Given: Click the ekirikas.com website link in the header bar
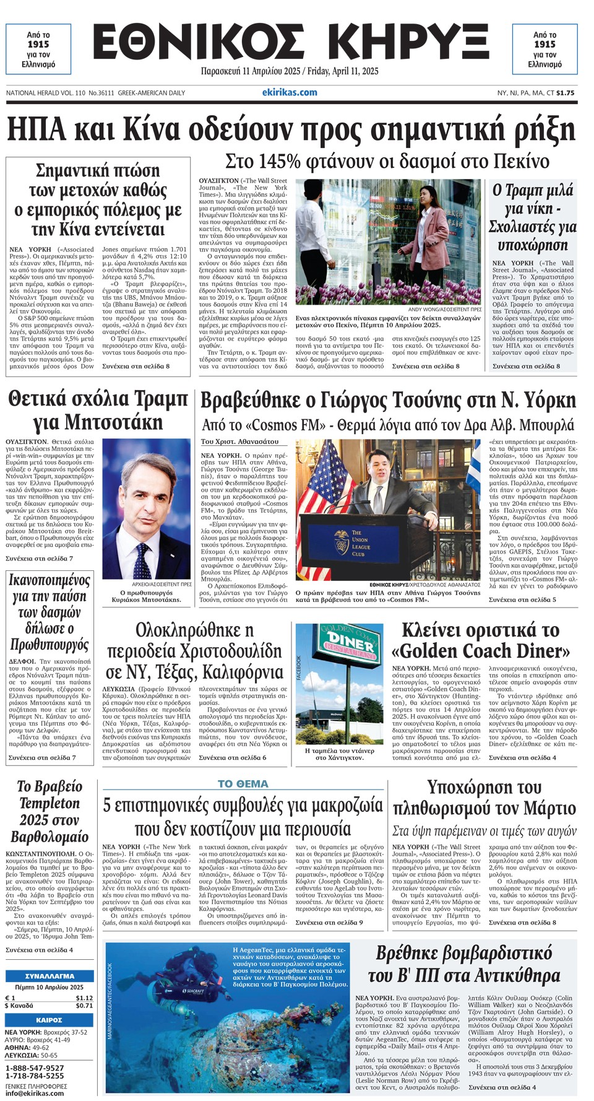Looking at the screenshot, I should pyautogui.click(x=290, y=92).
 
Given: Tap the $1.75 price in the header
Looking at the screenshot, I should pyautogui.click(x=565, y=93).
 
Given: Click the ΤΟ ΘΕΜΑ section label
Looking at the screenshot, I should pyautogui.click(x=243, y=784).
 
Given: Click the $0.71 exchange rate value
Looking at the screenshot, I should pyautogui.click(x=84, y=1005).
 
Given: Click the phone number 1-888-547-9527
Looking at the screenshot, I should pyautogui.click(x=35, y=1068).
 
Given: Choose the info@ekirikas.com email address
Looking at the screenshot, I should pyautogui.click(x=35, y=1093).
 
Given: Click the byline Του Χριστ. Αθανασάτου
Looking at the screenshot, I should pyautogui.click(x=239, y=442).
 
